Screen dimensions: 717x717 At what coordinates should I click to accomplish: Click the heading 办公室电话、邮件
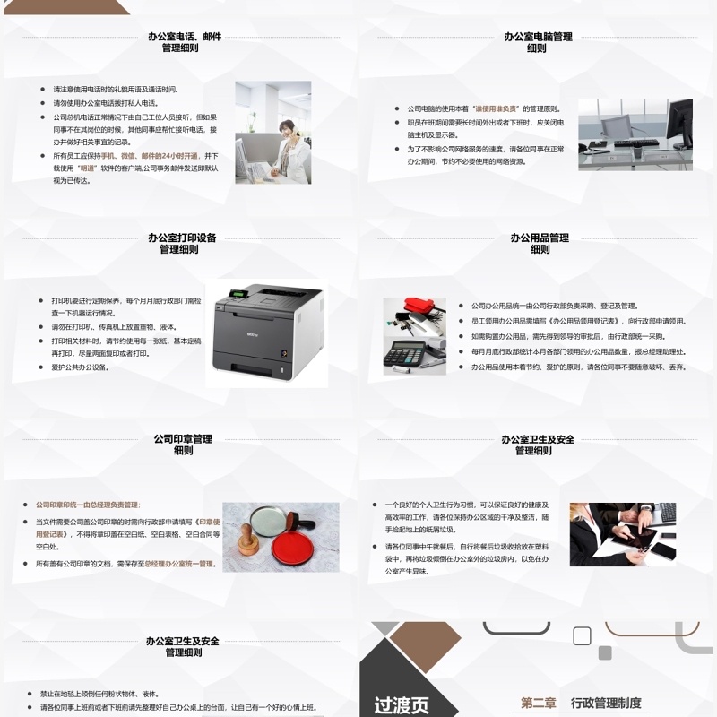pyautogui.click(x=185, y=37)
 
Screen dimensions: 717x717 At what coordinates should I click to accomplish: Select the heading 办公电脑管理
pyautogui.click(x=538, y=37)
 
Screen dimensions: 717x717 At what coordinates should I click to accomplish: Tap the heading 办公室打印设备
pyautogui.click(x=182, y=238)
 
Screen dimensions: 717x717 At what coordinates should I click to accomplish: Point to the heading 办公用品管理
pyautogui.click(x=540, y=238)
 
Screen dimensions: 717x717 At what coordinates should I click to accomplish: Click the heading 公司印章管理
pyautogui.click(x=182, y=439)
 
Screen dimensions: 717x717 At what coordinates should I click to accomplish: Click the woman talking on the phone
pyautogui.click(x=286, y=143)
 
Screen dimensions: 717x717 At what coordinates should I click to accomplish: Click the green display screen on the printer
pyautogui.click(x=238, y=294)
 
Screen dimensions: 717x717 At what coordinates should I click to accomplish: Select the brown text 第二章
pyautogui.click(x=539, y=704)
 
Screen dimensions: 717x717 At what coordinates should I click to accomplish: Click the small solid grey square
pyautogui.click(x=605, y=652)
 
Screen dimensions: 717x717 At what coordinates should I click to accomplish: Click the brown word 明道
pyautogui.click(x=87, y=168)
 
